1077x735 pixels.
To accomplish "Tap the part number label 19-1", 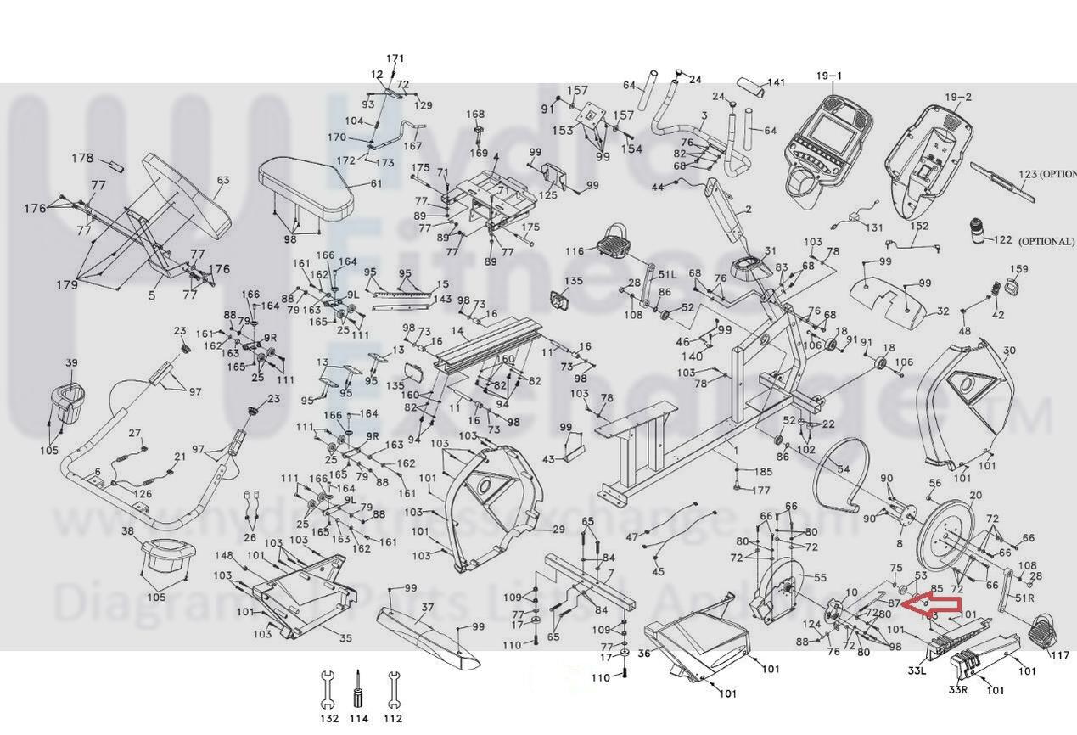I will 829,76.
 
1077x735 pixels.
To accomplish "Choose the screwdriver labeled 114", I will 359,691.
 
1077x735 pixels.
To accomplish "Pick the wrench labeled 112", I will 392,689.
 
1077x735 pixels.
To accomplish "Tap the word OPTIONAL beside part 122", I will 1046,241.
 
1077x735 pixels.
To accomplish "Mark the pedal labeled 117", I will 1044,631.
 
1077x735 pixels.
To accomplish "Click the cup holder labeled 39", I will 70,402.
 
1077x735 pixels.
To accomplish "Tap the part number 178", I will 82,159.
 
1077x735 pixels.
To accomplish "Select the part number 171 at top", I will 395,59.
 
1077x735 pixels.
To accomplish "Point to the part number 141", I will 776,83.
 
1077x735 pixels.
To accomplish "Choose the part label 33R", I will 958,689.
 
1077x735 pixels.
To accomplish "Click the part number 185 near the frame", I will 763,472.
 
